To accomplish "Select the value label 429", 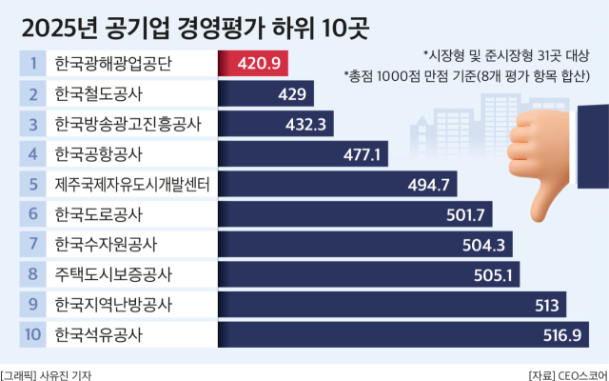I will pyautogui.click(x=291, y=93).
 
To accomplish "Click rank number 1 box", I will pyautogui.click(x=32, y=64).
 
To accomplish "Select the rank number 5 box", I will pyautogui.click(x=32, y=184).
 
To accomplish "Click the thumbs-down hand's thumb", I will pyautogui.click(x=546, y=190).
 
